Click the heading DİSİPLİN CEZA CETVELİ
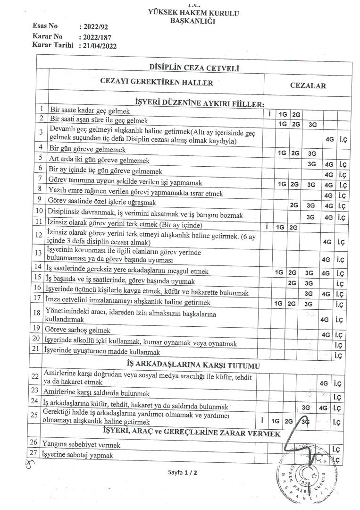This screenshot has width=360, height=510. (193, 68)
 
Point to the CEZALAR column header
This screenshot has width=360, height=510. (308, 86)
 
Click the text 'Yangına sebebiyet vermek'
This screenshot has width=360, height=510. (81, 444)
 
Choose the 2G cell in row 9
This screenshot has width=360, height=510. (295, 205)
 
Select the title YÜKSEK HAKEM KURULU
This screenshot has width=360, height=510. (193, 13)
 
